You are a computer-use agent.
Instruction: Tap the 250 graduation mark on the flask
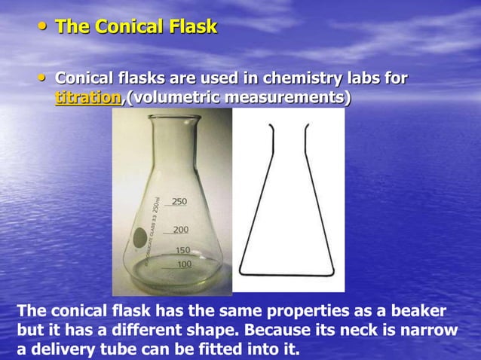(179, 201)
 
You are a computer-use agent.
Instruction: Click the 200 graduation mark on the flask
(180, 229)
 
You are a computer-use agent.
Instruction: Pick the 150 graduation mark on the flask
(182, 250)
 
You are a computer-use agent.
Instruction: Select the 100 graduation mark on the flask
(184, 264)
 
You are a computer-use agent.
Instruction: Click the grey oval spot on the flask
(139, 239)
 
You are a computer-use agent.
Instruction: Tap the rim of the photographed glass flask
(174, 119)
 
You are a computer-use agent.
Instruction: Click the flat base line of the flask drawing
(285, 273)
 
